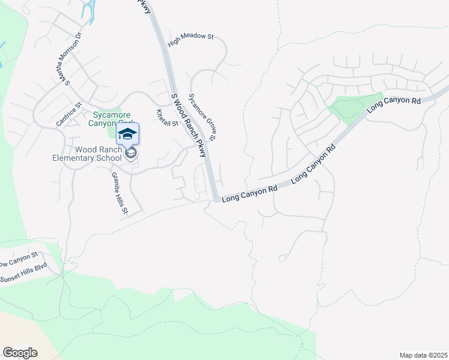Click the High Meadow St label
191,37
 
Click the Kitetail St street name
167,118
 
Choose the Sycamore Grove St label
202,116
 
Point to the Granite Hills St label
119,192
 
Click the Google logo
20,353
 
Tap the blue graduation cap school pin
127,133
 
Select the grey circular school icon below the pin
131,154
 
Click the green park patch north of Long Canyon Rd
354,106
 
